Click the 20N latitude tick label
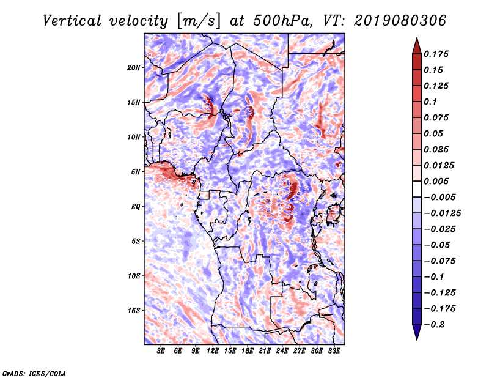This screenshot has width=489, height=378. coord(134,67)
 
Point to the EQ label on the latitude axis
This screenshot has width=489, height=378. coord(136,206)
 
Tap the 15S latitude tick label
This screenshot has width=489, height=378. coord(134,310)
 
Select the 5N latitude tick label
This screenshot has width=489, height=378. coord(136,171)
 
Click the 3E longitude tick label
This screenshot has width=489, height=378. coord(161,350)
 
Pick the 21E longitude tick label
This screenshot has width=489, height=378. coord(264,350)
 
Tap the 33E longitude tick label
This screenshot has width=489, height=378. coord(334,350)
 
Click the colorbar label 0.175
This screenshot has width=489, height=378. coord(438,54)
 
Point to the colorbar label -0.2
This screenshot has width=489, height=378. coord(438,324)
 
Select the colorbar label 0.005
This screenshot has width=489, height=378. coord(438,181)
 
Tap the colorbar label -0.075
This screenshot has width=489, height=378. coord(441,261)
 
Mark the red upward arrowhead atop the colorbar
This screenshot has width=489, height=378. coord(416,44)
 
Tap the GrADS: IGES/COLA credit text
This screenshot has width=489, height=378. coord(34,372)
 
